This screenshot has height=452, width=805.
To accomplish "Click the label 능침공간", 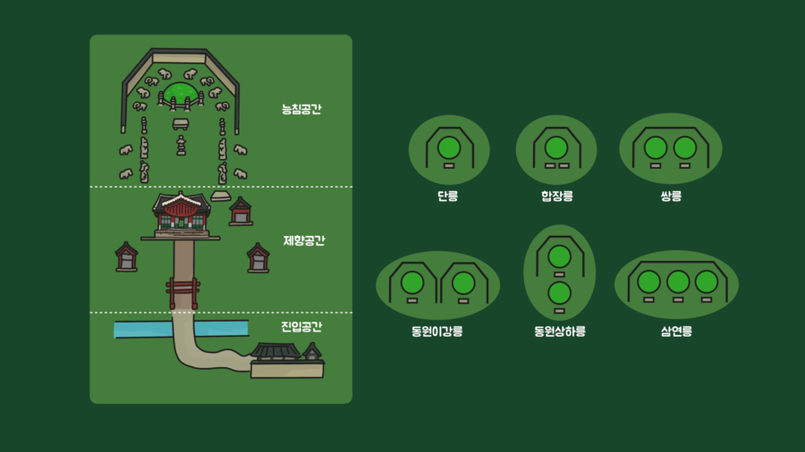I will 301,110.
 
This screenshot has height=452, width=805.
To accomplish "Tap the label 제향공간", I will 303,240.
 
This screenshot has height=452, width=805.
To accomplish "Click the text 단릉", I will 448,196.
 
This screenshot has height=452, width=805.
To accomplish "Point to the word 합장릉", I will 556,196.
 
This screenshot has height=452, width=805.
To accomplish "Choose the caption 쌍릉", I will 671,196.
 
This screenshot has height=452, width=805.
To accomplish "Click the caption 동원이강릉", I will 437,331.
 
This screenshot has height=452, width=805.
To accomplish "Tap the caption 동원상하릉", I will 559,331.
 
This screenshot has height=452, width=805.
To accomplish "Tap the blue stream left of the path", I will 141,329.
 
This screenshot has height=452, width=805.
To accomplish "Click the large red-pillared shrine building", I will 182,215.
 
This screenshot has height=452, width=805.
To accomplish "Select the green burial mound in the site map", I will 181,91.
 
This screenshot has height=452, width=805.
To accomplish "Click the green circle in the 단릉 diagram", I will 449,146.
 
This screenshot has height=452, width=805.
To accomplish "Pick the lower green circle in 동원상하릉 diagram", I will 559,291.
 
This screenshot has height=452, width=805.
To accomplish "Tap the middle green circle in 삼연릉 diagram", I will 678,281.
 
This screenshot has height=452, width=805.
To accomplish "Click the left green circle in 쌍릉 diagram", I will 656,147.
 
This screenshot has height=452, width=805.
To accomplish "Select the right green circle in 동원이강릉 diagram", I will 463,283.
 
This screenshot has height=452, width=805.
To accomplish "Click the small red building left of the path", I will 127,256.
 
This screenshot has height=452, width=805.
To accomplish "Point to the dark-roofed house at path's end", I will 277,356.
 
